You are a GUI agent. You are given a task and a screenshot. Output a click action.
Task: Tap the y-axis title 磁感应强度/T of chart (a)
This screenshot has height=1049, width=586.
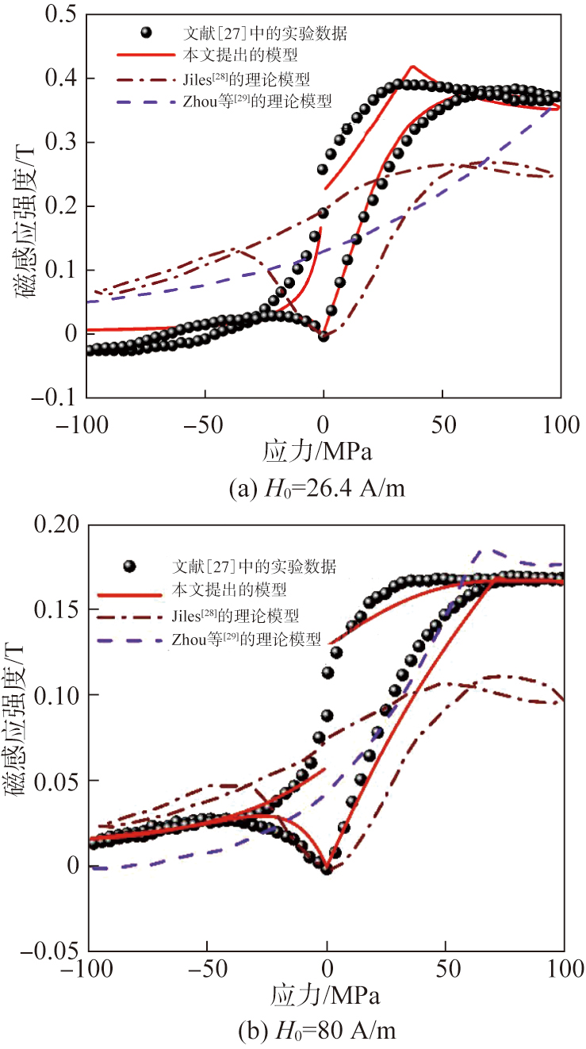[x=24, y=206]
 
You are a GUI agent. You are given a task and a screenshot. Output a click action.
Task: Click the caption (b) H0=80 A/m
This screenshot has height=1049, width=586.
[x=320, y=1032]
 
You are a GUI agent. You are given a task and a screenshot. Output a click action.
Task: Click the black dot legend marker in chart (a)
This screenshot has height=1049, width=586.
[x=144, y=33]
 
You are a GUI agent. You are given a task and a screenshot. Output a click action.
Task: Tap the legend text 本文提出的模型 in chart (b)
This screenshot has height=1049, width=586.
[x=229, y=590]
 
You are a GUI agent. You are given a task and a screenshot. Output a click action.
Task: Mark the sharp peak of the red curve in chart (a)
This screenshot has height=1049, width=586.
[x=412, y=67]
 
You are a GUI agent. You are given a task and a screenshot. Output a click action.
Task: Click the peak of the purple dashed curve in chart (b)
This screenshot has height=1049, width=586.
[x=479, y=549]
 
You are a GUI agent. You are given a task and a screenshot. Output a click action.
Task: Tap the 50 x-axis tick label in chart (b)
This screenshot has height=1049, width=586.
[x=446, y=968]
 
